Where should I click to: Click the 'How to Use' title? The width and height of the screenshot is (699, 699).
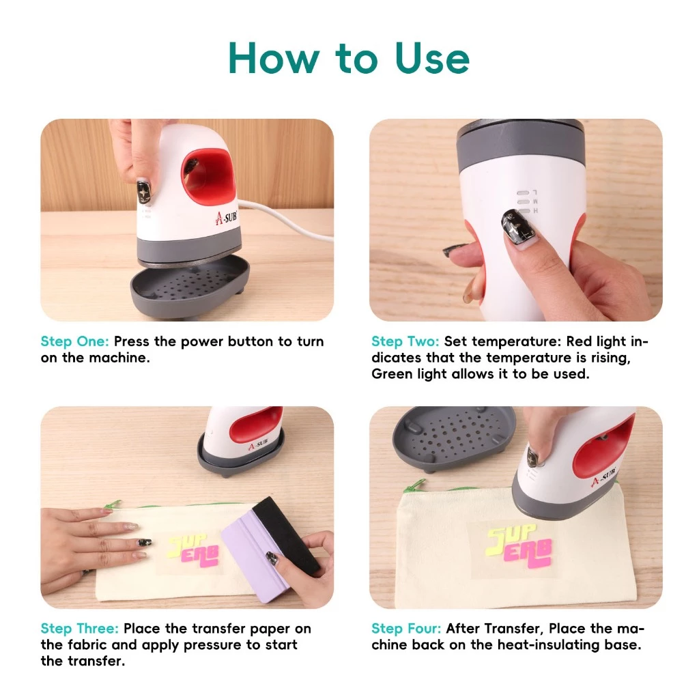coord(349,57)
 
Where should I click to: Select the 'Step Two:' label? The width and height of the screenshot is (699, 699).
coord(405,341)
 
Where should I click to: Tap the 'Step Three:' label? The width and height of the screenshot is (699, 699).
coord(79,628)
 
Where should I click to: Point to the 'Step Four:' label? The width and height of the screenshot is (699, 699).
coord(406,628)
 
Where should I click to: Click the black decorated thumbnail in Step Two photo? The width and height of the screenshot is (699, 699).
coord(515,228)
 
